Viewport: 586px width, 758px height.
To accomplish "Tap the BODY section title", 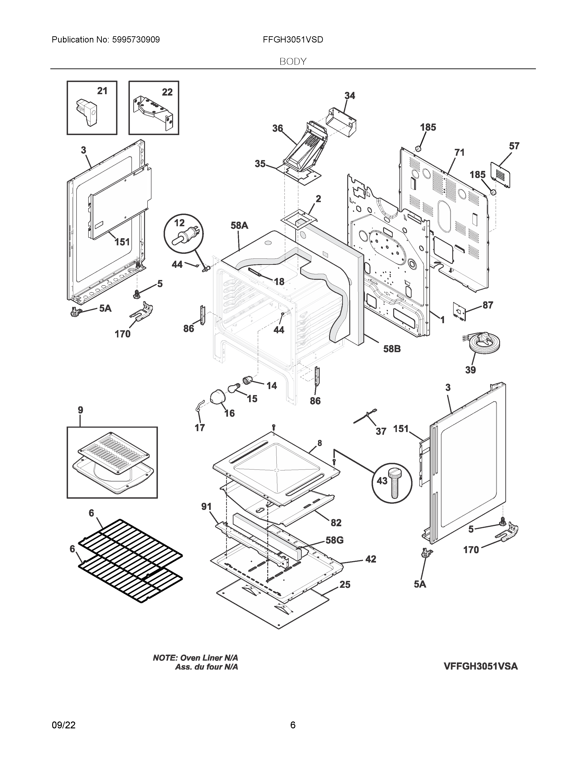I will tap(293, 62).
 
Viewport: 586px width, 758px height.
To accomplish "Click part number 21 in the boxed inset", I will tap(102, 91).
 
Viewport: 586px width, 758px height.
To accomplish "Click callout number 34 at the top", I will tap(350, 96).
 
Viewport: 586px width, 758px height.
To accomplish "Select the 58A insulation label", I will tap(239, 226).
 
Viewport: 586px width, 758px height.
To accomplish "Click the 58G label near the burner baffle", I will tap(334, 540).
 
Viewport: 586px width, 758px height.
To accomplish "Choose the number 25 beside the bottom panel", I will tap(345, 585).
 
